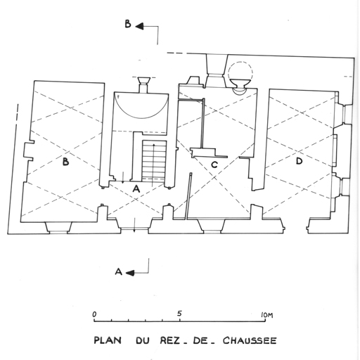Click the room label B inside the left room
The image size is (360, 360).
pyautogui.click(x=66, y=162)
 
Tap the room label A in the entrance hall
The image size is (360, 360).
pyautogui.click(x=136, y=188)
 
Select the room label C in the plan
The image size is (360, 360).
pyautogui.click(x=214, y=165)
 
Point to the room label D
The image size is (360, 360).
pyautogui.click(x=299, y=161)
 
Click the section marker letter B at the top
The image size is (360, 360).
pyautogui.click(x=128, y=24)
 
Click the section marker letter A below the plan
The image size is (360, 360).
pyautogui.click(x=119, y=271)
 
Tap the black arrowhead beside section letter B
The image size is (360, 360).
pyautogui.click(x=139, y=26)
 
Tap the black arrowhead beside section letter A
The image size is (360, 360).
pyautogui.click(x=130, y=273)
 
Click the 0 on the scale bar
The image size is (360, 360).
pyautogui.click(x=94, y=314)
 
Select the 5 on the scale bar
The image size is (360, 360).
pyautogui.click(x=179, y=314)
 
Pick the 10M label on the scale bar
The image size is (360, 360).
pyautogui.click(x=267, y=315)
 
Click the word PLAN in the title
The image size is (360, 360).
pyautogui.click(x=108, y=340)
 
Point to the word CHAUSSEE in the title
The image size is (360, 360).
pyautogui.click(x=250, y=340)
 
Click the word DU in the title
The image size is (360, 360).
pyautogui.click(x=143, y=340)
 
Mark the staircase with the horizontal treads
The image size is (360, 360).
pyautogui.click(x=154, y=161)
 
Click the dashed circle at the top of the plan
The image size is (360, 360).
pyautogui.click(x=240, y=71)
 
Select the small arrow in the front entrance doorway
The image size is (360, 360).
pyautogui.click(x=134, y=225)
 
